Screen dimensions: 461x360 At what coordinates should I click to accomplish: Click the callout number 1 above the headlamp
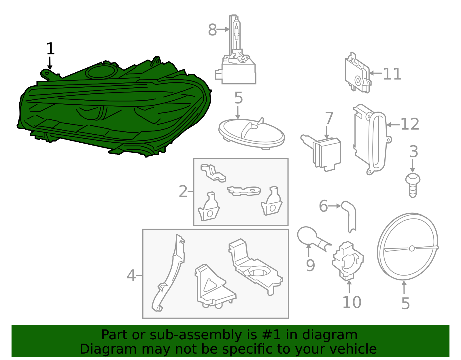50,49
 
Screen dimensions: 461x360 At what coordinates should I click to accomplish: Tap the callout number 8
212,30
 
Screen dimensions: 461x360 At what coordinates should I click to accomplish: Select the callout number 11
392,74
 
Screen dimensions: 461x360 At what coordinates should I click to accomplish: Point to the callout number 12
410,124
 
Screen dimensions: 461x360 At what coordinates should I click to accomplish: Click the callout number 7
329,118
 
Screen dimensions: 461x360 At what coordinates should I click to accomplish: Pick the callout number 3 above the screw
413,152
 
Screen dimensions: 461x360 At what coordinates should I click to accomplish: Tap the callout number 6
323,206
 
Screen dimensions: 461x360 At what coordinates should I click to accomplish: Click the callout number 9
310,265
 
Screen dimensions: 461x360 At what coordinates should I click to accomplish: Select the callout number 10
352,302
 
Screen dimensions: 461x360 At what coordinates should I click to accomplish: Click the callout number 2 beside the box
183,191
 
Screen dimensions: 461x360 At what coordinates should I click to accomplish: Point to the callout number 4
131,276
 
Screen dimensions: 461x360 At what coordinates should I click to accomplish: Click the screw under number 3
413,185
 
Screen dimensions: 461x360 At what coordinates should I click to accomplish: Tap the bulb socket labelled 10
348,261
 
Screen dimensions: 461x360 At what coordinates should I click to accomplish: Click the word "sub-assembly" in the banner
196,335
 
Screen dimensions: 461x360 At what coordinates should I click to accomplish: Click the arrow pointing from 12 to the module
393,125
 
